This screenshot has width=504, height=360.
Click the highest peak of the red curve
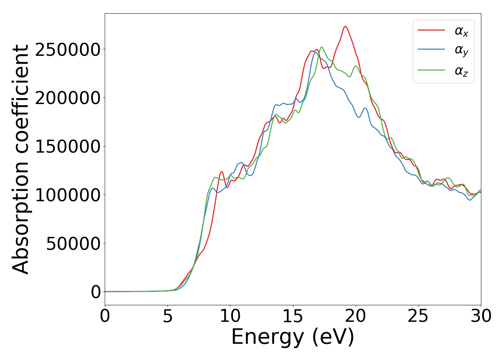(x=345, y=26)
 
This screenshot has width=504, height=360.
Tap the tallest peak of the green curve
(x=321, y=47)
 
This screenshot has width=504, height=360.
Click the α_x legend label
(x=462, y=31)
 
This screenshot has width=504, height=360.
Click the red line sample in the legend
(x=431, y=30)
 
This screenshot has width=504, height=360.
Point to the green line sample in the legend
(x=431, y=70)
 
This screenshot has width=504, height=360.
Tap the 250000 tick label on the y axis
(x=67, y=50)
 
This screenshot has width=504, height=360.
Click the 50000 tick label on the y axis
(x=73, y=244)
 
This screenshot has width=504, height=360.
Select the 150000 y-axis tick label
(x=67, y=147)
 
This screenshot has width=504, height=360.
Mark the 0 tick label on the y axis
(x=96, y=292)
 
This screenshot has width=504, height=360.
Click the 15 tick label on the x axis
(x=293, y=316)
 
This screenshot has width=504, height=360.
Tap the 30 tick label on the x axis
(x=481, y=316)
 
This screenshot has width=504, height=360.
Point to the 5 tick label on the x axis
(x=168, y=316)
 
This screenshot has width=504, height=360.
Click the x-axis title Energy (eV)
(x=293, y=337)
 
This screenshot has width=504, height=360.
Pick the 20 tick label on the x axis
(x=356, y=316)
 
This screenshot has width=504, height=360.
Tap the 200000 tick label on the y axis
(x=67, y=98)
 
